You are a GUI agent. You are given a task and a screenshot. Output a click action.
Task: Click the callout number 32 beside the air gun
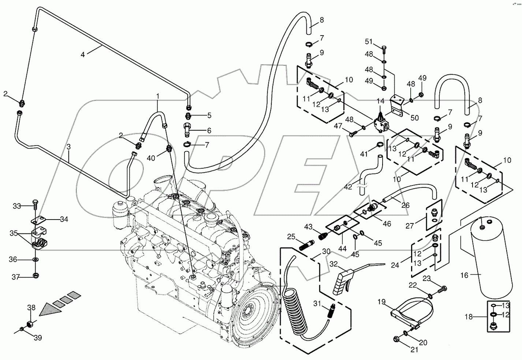point(334,264)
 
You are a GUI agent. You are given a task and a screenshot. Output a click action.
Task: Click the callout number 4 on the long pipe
point(83,55)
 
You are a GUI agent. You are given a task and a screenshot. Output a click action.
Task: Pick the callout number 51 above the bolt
point(369,42)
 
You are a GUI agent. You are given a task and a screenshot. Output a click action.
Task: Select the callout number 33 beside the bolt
point(17,206)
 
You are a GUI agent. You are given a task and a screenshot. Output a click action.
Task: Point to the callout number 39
point(38,338)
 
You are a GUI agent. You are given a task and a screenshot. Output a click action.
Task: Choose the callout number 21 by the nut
point(414,349)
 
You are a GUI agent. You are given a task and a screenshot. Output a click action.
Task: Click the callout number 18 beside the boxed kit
point(469,317)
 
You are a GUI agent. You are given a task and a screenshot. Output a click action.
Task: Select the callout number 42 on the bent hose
point(348,187)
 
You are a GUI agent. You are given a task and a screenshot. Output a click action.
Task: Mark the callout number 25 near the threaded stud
point(291,237)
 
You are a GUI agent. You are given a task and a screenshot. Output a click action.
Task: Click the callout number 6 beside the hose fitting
point(209,131)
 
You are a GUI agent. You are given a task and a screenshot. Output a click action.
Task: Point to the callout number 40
point(151,158)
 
